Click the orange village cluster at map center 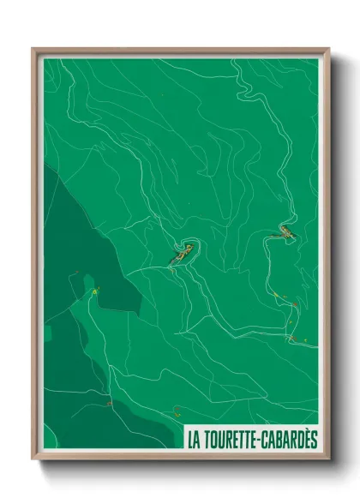(x=181, y=255)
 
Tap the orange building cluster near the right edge (x=283, y=231)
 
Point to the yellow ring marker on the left (x=95, y=293)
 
